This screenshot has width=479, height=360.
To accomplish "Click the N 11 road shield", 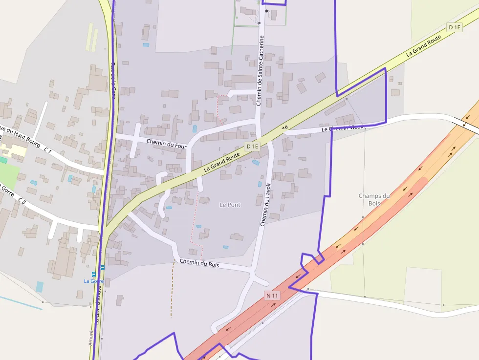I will [x=272, y=296].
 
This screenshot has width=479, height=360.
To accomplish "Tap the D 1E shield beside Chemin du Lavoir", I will [x=252, y=146].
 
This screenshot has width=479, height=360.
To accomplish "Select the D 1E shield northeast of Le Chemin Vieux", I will [x=455, y=27].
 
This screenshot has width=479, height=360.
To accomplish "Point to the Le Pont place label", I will [x=230, y=205].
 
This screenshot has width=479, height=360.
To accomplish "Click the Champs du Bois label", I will [x=374, y=199].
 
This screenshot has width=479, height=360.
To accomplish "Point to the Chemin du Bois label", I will [x=199, y=264].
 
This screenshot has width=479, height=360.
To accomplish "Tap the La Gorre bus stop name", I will [x=93, y=281].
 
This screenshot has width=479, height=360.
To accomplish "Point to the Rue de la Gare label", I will [x=113, y=81].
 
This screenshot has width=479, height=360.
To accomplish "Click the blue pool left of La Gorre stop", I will [x=39, y=286].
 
